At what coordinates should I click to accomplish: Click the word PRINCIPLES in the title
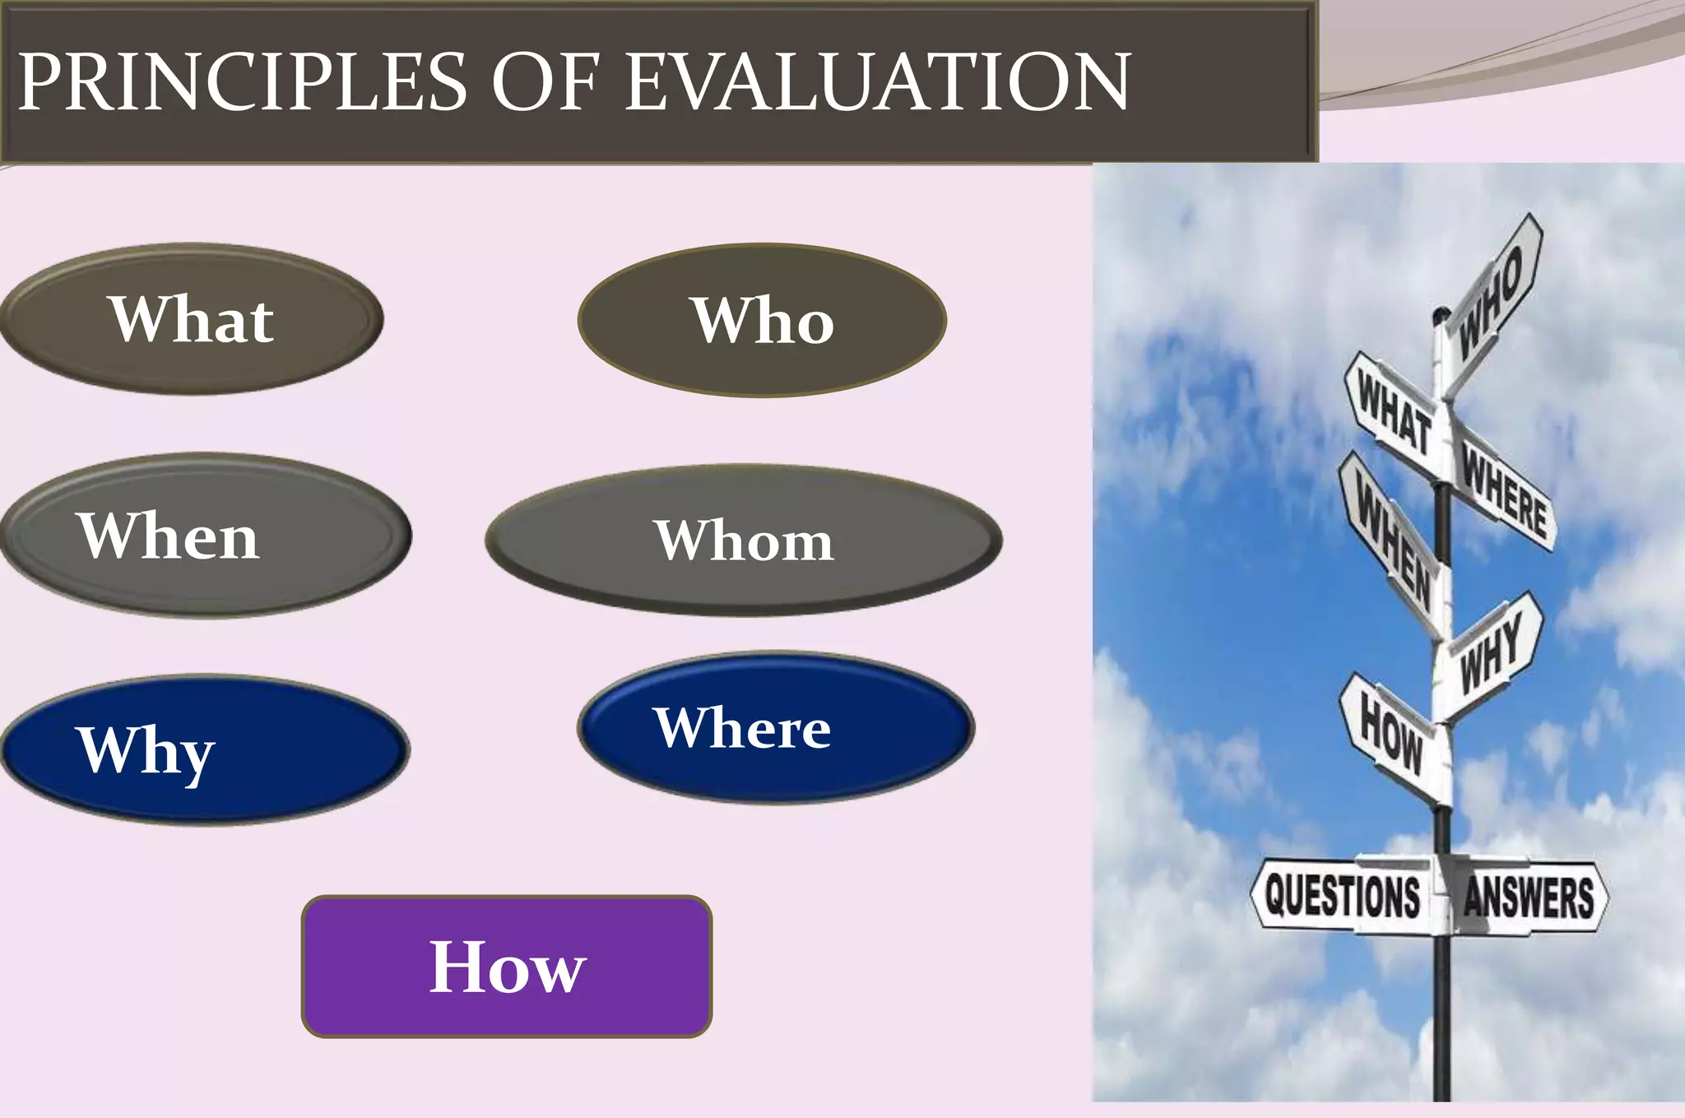243,82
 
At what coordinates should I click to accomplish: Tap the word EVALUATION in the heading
878,82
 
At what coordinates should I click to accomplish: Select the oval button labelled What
192,319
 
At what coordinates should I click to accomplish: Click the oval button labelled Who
762,320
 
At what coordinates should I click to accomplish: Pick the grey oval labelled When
206,536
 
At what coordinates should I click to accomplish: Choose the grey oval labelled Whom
744,540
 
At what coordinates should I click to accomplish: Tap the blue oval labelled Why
206,749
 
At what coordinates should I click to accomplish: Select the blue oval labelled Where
775,728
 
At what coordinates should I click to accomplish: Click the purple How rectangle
507,967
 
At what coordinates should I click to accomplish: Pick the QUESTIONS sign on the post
1343,895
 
